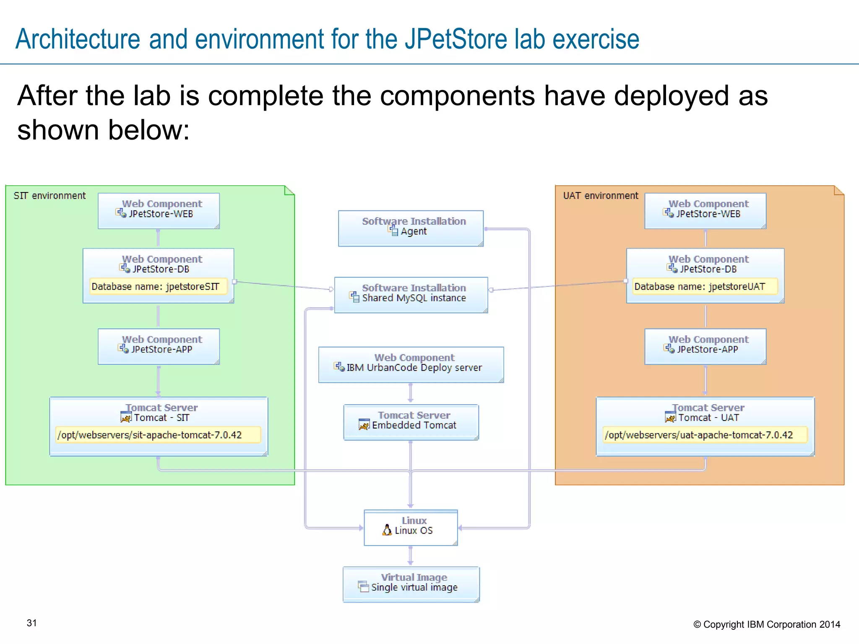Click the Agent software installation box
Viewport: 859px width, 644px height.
pyautogui.click(x=411, y=228)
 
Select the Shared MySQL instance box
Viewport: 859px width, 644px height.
pyautogui.click(x=411, y=295)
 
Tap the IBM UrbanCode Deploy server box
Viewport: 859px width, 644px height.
pyautogui.click(x=411, y=364)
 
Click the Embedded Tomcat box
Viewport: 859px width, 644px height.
pyautogui.click(x=411, y=422)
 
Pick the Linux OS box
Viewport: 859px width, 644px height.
pyautogui.click(x=411, y=527)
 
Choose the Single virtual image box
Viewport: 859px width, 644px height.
pyautogui.click(x=411, y=584)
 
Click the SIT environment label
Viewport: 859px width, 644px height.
pyautogui.click(x=49, y=196)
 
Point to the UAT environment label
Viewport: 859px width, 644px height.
pyautogui.click(x=600, y=196)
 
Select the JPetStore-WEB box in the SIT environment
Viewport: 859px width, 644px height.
pyautogui.click(x=159, y=210)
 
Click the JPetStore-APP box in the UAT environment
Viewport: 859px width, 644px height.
pyautogui.click(x=705, y=346)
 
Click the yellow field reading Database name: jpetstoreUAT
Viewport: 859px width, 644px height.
pyautogui.click(x=700, y=287)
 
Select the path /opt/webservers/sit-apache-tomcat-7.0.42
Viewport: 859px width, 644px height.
pyautogui.click(x=150, y=435)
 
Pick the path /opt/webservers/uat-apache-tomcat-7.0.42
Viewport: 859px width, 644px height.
pyautogui.click(x=699, y=435)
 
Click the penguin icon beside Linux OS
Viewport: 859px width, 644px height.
pyautogui.click(x=387, y=530)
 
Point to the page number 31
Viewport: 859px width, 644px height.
pyautogui.click(x=32, y=623)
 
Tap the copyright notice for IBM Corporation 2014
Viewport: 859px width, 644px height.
pyautogui.click(x=767, y=624)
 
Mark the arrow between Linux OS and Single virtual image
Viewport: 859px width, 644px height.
pyautogui.click(x=411, y=556)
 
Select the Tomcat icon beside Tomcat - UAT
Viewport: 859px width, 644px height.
pyautogui.click(x=670, y=417)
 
